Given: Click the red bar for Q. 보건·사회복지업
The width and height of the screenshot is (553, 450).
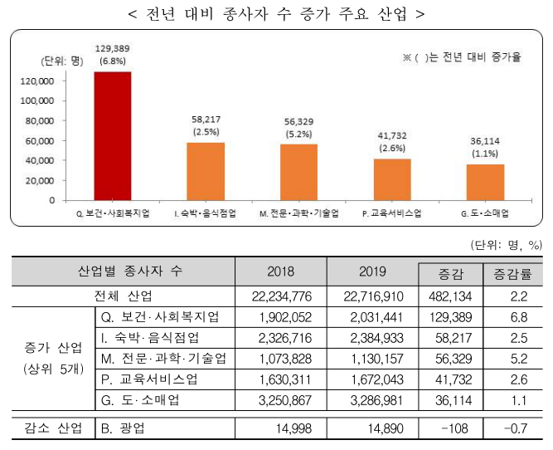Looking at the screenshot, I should (112, 136).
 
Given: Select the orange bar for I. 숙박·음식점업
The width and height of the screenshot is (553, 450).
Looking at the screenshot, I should (205, 172).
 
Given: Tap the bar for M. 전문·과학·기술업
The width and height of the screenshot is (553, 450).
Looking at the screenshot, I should (298, 173).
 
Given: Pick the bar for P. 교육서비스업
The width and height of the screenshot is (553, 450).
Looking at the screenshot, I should (392, 179).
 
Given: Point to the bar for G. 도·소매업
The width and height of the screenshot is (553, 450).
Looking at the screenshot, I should (485, 182).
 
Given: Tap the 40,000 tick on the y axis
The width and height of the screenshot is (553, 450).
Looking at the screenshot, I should (38, 160).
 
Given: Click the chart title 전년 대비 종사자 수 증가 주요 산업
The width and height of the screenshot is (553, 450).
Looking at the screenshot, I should (277, 14).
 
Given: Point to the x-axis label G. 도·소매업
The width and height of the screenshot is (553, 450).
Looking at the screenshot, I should (485, 213).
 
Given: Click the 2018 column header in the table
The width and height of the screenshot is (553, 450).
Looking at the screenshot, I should (280, 271).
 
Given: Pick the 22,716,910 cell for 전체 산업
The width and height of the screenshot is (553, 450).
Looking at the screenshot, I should (372, 295).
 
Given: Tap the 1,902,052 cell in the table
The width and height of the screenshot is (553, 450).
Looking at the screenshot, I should (282, 316).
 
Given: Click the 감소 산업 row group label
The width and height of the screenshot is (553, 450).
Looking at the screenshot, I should (49, 428).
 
